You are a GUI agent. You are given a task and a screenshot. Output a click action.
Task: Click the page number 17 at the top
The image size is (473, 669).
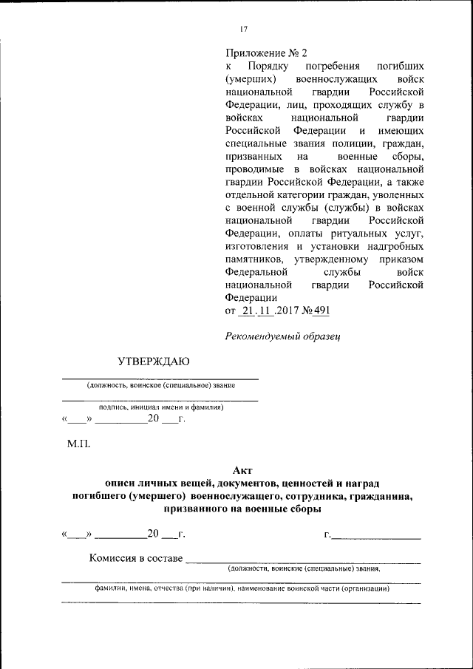click(x=243, y=29)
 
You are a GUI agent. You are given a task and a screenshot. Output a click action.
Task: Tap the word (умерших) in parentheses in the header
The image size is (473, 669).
click(x=251, y=78)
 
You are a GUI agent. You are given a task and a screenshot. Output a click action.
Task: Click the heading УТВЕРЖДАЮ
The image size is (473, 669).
click(x=153, y=361)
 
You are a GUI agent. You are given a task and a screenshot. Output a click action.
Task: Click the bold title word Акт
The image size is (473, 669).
click(x=243, y=472)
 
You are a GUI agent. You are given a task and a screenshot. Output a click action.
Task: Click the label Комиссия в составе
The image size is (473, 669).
click(x=135, y=558)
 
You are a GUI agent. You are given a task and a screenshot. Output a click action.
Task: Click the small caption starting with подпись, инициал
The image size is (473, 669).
click(x=161, y=407)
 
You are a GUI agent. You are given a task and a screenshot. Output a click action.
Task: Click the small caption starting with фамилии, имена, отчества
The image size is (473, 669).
click(x=242, y=589)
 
